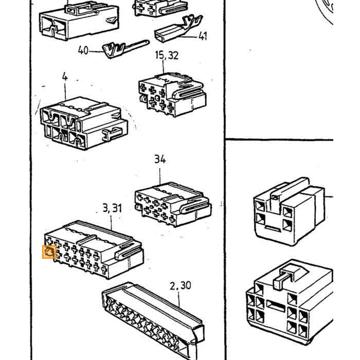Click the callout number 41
click(203, 36)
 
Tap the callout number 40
click(83, 50)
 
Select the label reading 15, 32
click(167, 55)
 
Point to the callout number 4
click(65, 77)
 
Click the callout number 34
click(160, 159)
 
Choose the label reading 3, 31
click(112, 208)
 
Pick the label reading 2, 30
click(180, 285)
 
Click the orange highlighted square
click(49, 252)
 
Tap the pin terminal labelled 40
click(125, 49)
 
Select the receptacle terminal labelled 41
click(178, 29)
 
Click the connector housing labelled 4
click(84, 123)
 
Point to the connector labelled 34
click(173, 204)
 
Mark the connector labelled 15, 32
click(172, 95)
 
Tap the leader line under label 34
click(160, 176)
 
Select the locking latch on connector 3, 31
click(128, 251)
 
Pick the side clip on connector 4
click(112, 134)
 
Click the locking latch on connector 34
click(195, 206)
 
